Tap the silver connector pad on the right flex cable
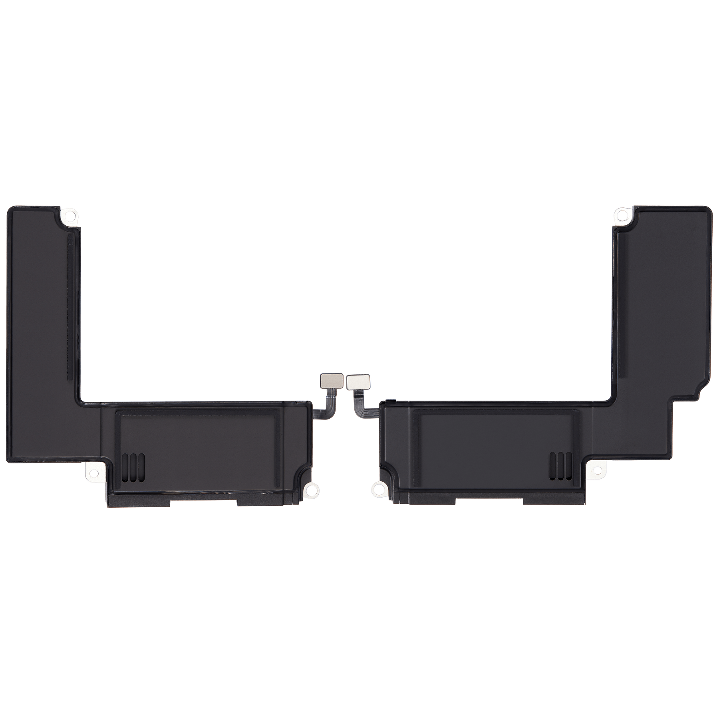click(358, 380)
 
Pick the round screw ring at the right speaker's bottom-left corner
click(376, 486)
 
